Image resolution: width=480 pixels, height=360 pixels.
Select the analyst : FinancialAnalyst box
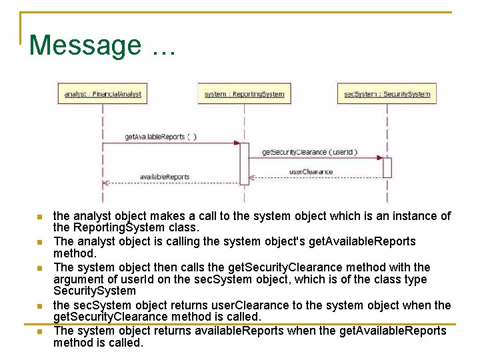click(103, 94)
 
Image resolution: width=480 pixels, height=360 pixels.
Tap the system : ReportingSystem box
click(244, 94)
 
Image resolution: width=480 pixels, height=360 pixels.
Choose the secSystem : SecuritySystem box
click(387, 94)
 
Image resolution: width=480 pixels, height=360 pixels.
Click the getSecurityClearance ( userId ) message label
click(309, 152)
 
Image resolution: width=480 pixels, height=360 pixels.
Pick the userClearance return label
click(311, 171)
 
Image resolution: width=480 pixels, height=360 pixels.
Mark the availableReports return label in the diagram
click(164, 177)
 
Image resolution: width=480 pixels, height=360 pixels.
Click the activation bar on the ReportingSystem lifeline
click(244, 163)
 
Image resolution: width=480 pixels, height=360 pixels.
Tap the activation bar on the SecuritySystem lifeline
click(387, 167)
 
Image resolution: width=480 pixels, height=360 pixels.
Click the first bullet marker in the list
click(39, 217)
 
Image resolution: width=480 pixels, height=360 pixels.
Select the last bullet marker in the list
click(39, 331)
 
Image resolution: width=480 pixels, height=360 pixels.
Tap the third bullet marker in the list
click(39, 268)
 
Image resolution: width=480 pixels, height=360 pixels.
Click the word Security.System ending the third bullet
click(94, 291)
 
